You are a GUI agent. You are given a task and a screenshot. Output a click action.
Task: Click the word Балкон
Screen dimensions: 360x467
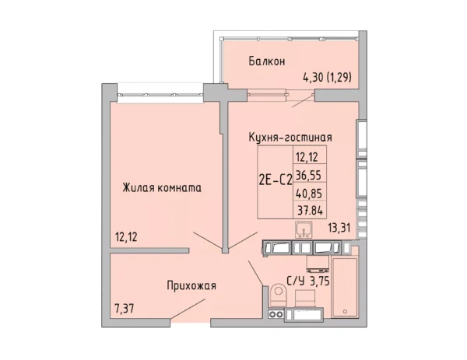point(266,61)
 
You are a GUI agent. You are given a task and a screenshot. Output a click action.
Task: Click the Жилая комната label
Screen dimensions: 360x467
point(162,187)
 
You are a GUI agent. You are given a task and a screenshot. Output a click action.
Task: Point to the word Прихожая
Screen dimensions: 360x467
point(191,285)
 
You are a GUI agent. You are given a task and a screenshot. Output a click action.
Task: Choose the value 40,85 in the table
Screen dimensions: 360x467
point(309,191)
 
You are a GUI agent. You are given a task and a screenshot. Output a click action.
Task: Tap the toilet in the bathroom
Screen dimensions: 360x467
point(279,293)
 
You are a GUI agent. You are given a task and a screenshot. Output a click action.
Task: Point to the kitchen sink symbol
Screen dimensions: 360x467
point(304,230)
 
